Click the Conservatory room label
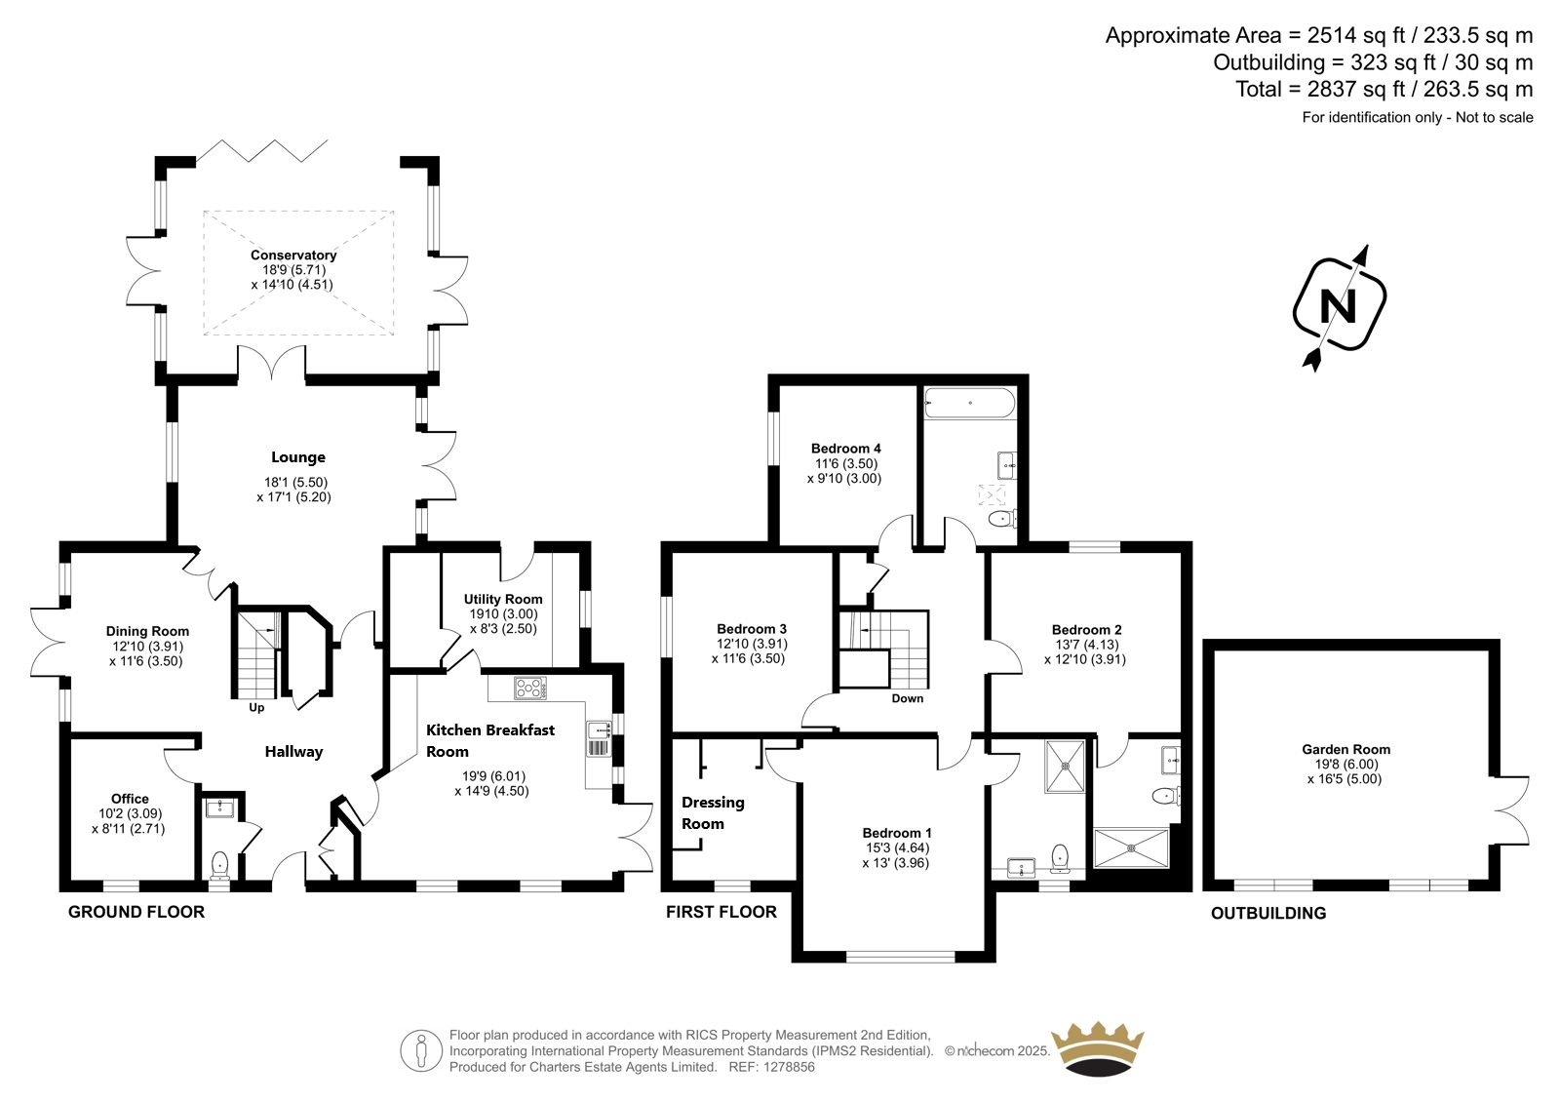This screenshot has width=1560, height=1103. (293, 255)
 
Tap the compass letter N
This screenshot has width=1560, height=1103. (1339, 306)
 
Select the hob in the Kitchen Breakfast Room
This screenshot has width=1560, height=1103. (530, 689)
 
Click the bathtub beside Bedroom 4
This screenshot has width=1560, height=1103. (969, 403)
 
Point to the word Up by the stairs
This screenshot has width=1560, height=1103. (256, 708)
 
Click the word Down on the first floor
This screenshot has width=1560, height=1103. (908, 698)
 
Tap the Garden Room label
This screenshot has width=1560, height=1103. (1346, 750)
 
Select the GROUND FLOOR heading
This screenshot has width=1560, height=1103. (136, 912)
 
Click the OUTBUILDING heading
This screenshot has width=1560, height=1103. (1268, 914)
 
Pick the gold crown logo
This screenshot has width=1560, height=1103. (1098, 1049)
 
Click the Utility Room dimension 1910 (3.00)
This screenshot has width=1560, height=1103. (503, 613)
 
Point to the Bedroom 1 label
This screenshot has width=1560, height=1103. (897, 833)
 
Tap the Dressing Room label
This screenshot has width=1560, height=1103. (713, 813)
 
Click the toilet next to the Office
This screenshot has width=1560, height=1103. (219, 865)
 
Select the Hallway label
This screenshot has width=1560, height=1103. (293, 752)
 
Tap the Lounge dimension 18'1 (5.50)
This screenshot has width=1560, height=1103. (295, 482)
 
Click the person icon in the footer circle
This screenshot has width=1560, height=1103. (420, 1050)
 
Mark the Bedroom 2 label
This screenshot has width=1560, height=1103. (1086, 630)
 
